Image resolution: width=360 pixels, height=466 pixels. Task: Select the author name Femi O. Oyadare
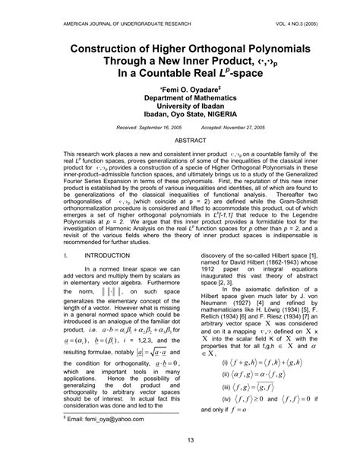coord(180,89)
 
